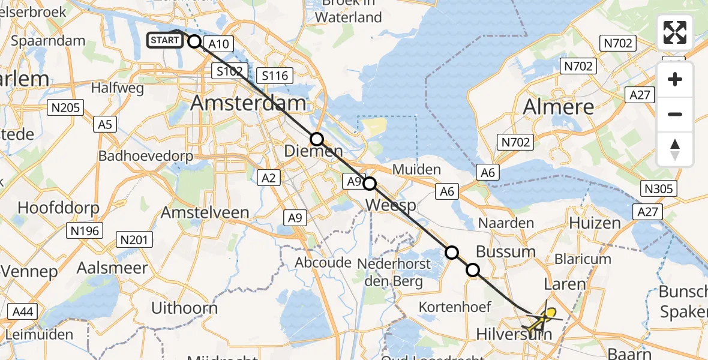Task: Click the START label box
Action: pos(164,40)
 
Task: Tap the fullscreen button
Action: pos(675,32)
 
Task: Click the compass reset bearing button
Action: pos(675,149)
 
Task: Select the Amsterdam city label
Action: pos(248,103)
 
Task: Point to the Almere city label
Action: pos(559,107)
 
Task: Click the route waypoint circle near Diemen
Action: pos(317,140)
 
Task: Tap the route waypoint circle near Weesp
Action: pos(370,184)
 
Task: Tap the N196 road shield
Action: pos(85,230)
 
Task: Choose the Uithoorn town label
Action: pos(184,308)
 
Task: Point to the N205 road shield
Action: pos(65,107)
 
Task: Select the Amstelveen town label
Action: pos(205,212)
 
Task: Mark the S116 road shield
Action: pos(275,75)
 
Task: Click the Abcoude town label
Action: pos(323,262)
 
